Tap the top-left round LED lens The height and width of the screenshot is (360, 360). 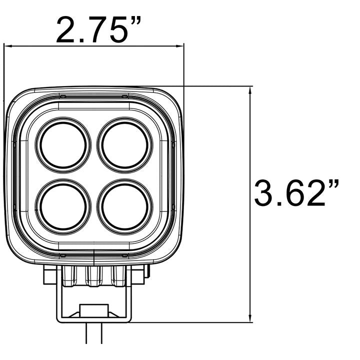pos(63,144)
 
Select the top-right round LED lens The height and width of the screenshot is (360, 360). pos(125,144)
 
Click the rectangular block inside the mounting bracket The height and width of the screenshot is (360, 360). pos(94,310)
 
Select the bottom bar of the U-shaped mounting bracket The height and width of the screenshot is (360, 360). pos(94,318)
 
